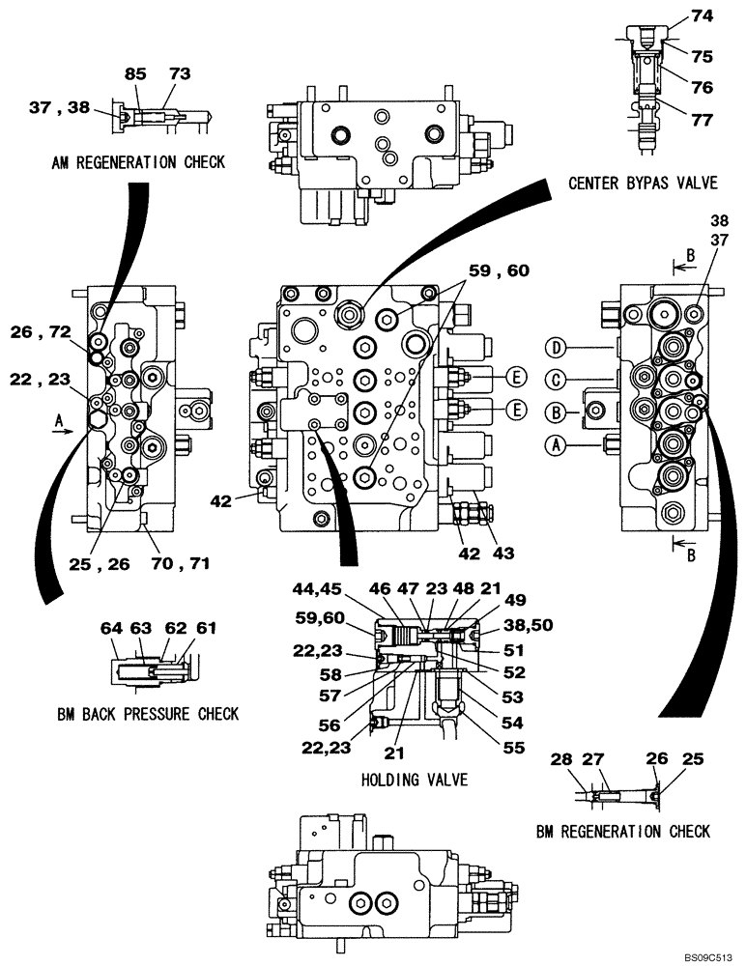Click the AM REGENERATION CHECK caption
point(138,162)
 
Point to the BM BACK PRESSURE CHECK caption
point(148,714)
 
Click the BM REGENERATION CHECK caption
point(622,831)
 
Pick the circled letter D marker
point(555,347)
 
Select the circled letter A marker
point(555,445)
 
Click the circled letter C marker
point(555,379)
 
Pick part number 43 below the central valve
point(502,554)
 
